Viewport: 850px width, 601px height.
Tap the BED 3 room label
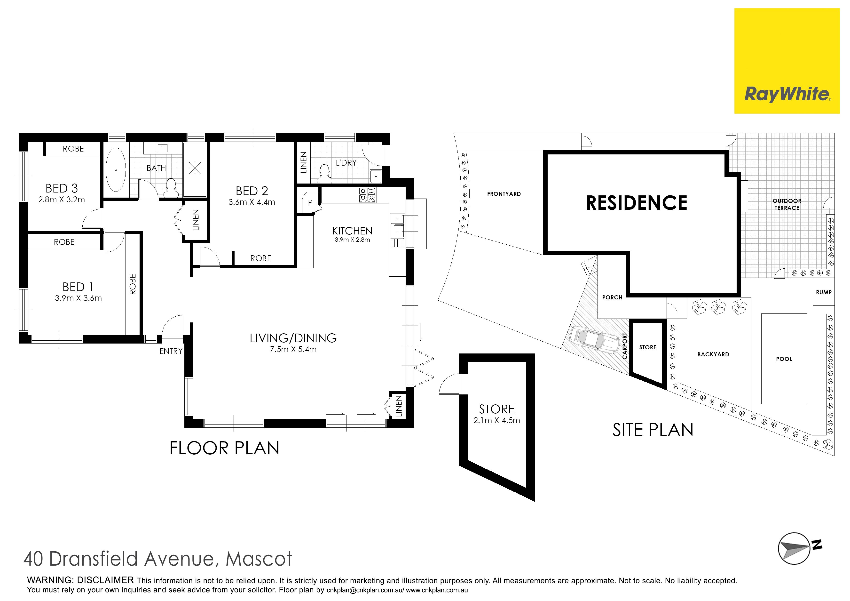pos(62,188)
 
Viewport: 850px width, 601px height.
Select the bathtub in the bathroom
pos(116,170)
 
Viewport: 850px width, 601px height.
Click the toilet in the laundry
pos(325,174)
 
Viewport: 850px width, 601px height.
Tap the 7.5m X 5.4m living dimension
pos(293,349)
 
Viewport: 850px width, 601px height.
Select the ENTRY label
pos(171,351)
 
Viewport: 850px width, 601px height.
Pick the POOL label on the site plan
pos(784,359)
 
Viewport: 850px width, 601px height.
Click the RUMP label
pos(824,292)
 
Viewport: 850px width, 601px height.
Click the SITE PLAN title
pos(653,430)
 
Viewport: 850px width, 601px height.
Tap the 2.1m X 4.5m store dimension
pos(496,420)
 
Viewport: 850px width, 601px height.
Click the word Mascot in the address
pos(259,559)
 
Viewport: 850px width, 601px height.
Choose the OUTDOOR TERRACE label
pos(787,204)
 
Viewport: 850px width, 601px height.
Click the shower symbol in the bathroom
pos(195,168)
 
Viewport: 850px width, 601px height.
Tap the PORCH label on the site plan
pos(612,297)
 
